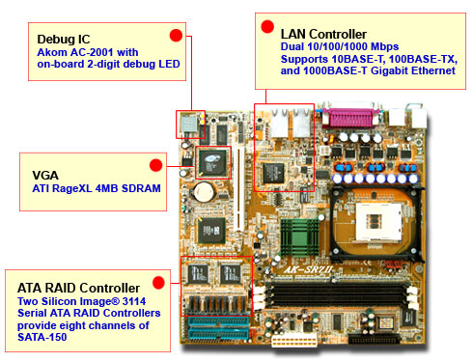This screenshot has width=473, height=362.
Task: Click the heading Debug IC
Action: [64, 40]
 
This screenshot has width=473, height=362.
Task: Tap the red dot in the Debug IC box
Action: [176, 36]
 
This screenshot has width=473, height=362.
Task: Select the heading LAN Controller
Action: [323, 34]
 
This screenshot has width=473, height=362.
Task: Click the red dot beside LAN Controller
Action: [267, 27]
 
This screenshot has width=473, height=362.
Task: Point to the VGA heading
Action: [45, 176]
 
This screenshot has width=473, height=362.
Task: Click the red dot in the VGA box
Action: [155, 165]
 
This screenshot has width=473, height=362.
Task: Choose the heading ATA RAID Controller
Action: [78, 288]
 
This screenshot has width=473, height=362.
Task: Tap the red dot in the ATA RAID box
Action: [158, 283]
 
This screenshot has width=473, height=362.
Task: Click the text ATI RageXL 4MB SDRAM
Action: [97, 188]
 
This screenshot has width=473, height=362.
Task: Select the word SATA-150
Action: [42, 337]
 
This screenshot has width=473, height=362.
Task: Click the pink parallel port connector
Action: [349, 118]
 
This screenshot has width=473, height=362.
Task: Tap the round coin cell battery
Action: [204, 192]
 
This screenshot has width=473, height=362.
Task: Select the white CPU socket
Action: [379, 222]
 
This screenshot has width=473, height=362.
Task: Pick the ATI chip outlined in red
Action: [212, 163]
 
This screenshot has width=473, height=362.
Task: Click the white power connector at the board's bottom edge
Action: [294, 341]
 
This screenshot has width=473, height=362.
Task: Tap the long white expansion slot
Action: [238, 189]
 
